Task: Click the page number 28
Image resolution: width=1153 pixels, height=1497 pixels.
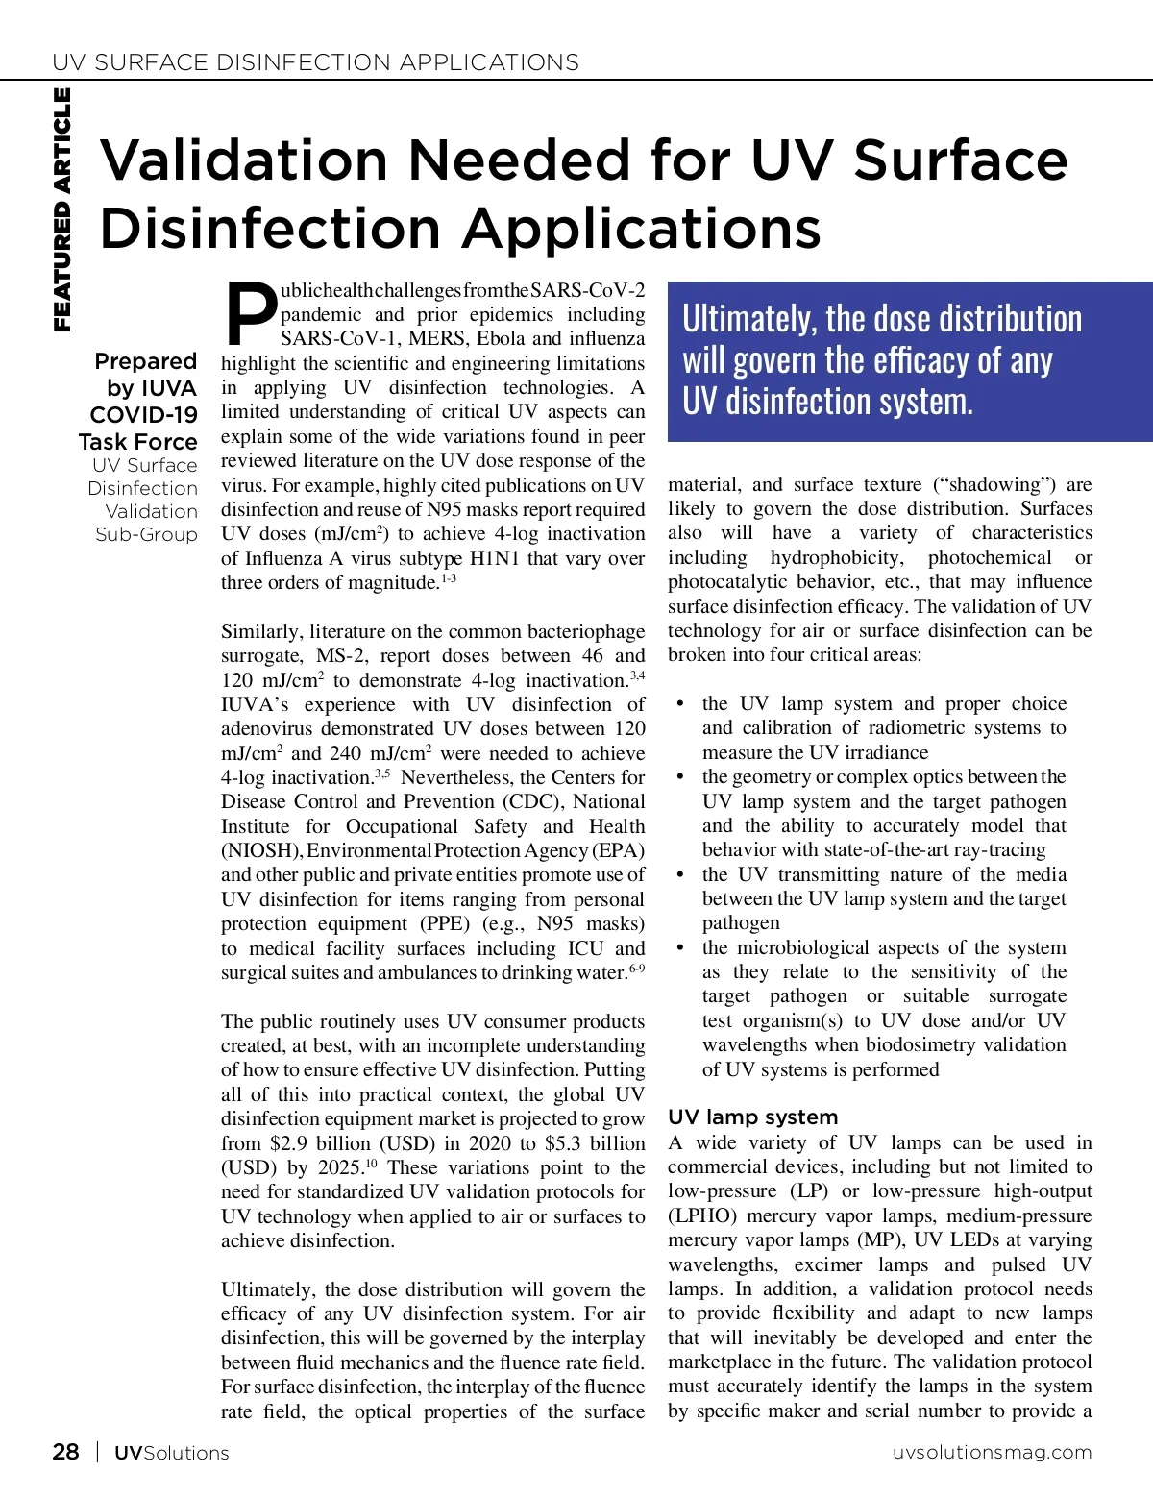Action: click(65, 1452)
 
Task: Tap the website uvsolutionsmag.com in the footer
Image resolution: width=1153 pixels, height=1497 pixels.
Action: click(992, 1452)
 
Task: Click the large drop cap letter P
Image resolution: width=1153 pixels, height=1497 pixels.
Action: click(250, 313)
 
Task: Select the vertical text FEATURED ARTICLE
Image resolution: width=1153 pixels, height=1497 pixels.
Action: click(61, 209)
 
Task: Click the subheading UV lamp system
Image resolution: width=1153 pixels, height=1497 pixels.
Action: click(752, 1117)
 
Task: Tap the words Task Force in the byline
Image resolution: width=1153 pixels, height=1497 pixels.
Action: click(137, 442)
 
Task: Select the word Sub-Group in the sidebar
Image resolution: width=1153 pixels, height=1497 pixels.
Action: click(146, 534)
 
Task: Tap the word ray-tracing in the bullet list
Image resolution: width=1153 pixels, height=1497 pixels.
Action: click(995, 849)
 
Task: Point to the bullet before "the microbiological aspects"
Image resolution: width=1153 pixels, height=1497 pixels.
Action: click(680, 947)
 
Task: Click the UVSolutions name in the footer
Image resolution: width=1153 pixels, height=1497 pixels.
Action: click(171, 1453)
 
